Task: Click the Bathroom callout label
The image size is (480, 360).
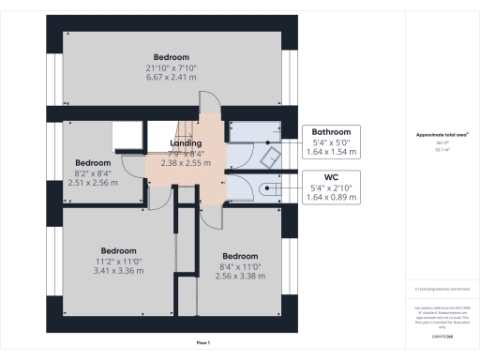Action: pos(331,132)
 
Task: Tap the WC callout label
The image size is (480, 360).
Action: pos(331,175)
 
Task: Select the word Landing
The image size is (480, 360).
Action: pos(187,142)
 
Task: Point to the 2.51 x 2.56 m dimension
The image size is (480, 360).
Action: pos(93,183)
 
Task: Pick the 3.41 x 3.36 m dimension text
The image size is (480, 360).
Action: pos(119,271)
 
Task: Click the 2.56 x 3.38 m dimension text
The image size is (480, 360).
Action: pos(240,277)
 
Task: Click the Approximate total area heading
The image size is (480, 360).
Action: pos(442,135)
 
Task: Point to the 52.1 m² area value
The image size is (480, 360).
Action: pos(442,148)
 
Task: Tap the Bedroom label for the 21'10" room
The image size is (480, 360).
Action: pos(173,56)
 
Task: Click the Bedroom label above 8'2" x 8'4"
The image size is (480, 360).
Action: pos(93,162)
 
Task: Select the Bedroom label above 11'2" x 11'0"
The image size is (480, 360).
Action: pos(119,250)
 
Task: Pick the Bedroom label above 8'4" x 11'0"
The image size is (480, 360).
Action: pos(240,256)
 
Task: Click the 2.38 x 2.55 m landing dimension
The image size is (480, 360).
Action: pos(187,162)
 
